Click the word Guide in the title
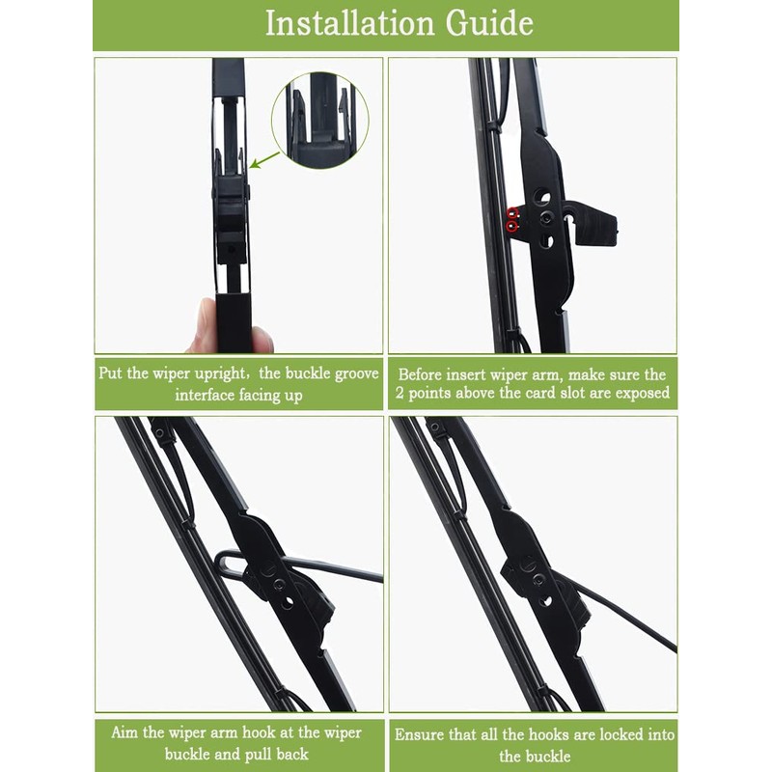click(x=487, y=23)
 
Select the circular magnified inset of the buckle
click(x=319, y=121)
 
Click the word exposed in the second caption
click(x=638, y=394)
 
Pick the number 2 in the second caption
click(x=400, y=394)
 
